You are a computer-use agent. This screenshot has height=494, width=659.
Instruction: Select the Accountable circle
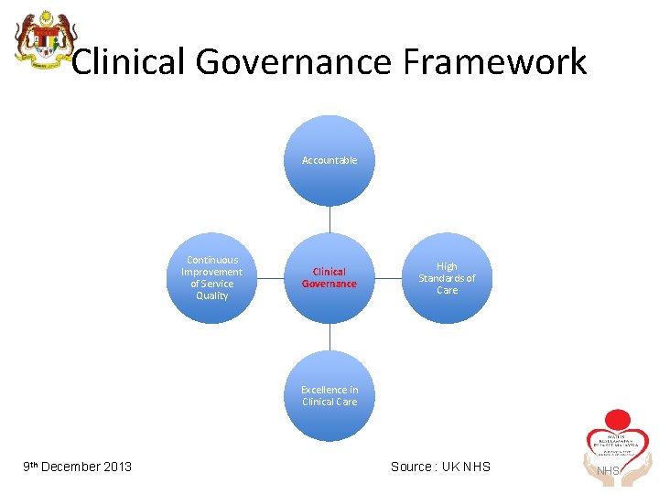pyautogui.click(x=329, y=160)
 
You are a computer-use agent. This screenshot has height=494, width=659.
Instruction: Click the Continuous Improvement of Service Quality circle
pyautogui.click(x=212, y=278)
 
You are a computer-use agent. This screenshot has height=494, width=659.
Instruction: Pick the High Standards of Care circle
pyautogui.click(x=447, y=278)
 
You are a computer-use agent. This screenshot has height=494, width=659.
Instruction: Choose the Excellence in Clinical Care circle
pyautogui.click(x=329, y=396)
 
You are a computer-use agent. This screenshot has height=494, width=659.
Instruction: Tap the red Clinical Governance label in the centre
pyautogui.click(x=329, y=278)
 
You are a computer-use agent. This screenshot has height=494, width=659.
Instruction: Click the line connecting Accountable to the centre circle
pyautogui.click(x=329, y=219)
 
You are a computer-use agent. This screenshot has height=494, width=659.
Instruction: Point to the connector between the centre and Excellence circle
pyautogui.click(x=329, y=337)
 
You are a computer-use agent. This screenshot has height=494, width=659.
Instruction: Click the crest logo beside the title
pyautogui.click(x=40, y=41)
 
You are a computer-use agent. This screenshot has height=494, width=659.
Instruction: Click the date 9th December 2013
pyautogui.click(x=78, y=467)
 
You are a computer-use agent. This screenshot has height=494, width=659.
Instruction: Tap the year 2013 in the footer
pyautogui.click(x=117, y=467)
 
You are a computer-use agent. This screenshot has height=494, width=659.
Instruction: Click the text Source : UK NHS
pyautogui.click(x=440, y=467)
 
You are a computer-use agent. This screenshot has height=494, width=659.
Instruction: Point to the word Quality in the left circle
pyautogui.click(x=212, y=295)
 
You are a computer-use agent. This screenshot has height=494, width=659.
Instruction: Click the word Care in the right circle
pyautogui.click(x=447, y=290)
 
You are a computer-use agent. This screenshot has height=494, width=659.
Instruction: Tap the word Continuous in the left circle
pyautogui.click(x=212, y=260)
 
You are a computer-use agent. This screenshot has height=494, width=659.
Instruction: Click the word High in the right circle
pyautogui.click(x=447, y=266)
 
